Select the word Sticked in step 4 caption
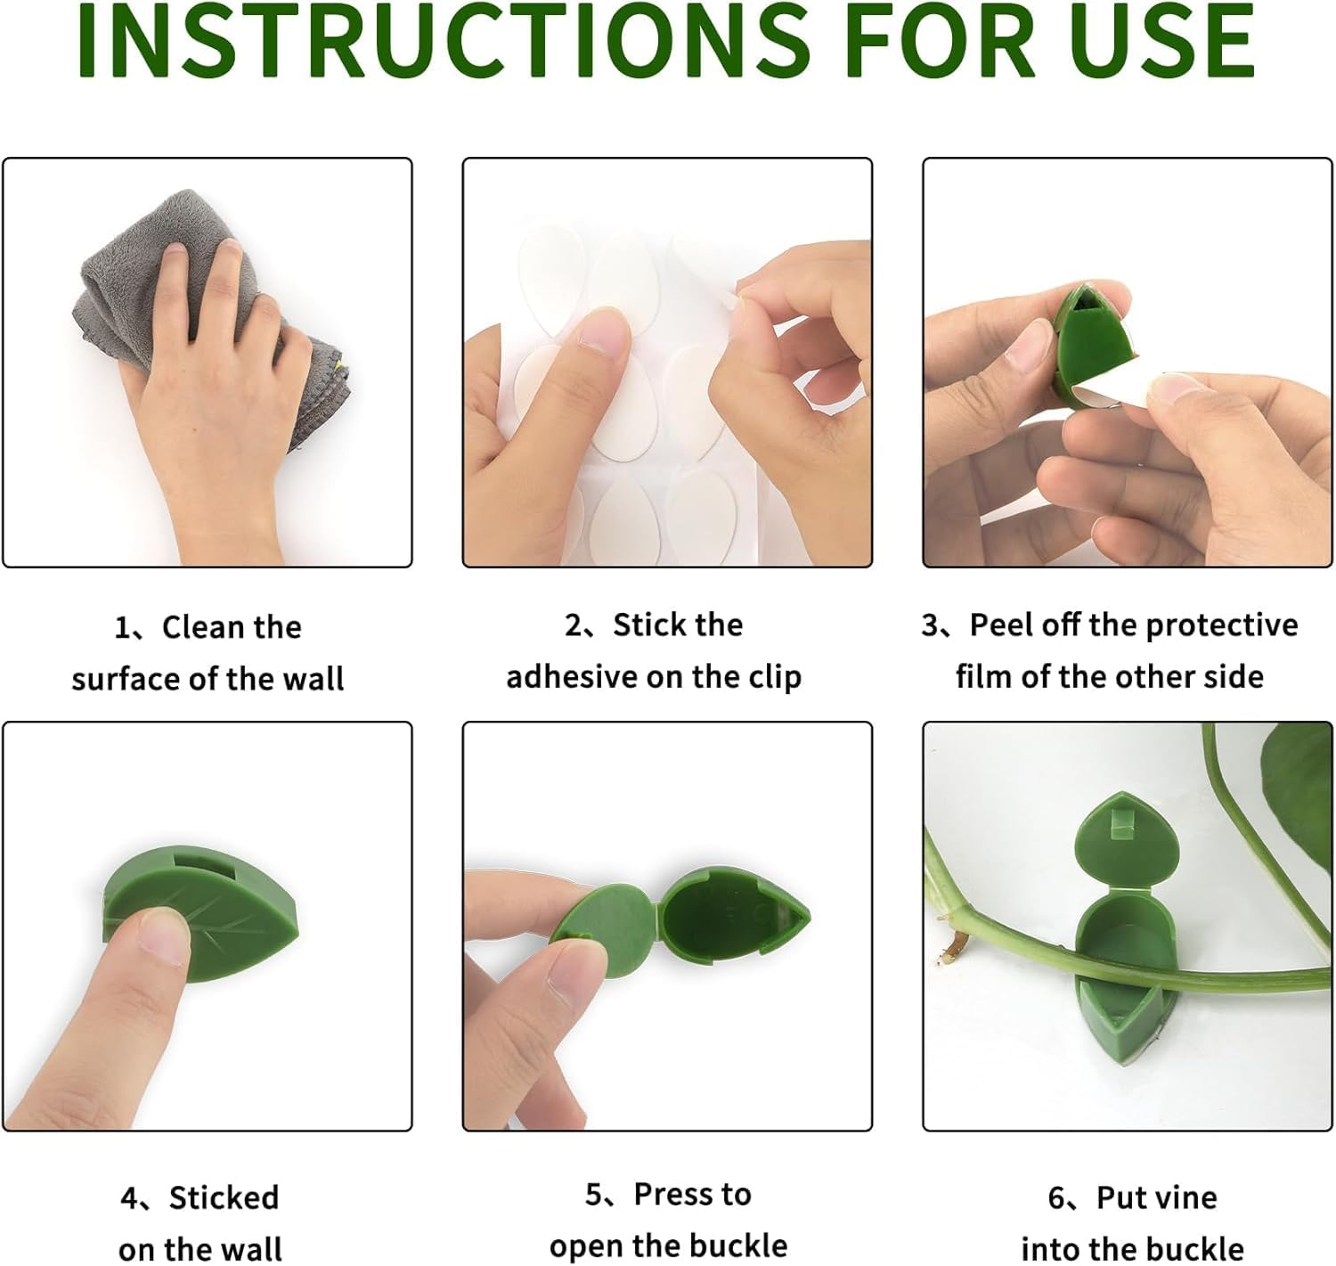coord(224,1197)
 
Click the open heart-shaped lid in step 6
coord(1126,842)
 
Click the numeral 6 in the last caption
coord(1055,1198)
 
